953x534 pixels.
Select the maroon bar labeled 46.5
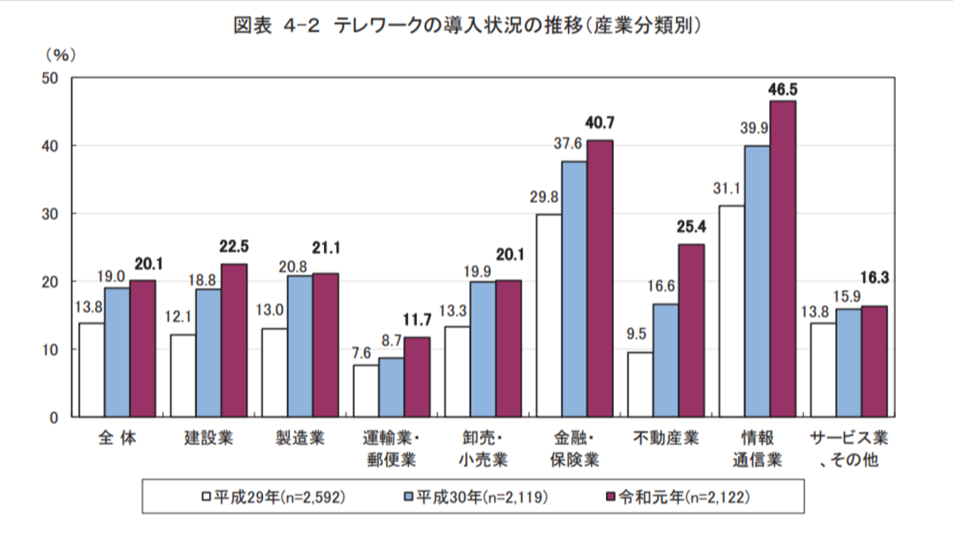tap(782, 258)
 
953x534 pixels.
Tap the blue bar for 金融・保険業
tap(574, 288)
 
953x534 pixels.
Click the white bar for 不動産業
tap(640, 384)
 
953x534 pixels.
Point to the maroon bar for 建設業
tap(233, 340)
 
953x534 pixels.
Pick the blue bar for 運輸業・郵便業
tap(392, 387)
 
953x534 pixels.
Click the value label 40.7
tap(601, 124)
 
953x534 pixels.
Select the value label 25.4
tap(693, 228)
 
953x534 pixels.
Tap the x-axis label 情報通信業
tap(758, 449)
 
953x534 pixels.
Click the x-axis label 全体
tap(117, 439)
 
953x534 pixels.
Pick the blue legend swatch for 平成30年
tap(409, 497)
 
